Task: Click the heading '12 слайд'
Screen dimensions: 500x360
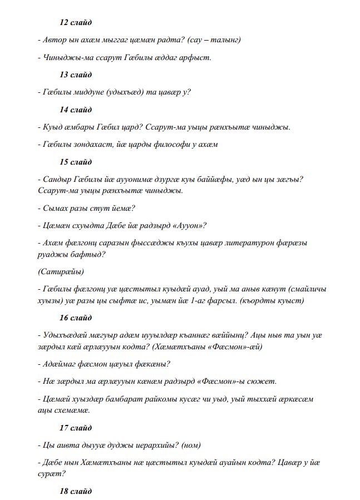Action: click(x=76, y=23)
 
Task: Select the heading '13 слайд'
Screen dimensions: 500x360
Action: click(x=76, y=75)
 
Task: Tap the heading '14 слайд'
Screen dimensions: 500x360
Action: click(x=76, y=110)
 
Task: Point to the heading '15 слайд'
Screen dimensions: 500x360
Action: click(x=76, y=162)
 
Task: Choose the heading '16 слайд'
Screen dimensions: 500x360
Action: click(x=76, y=318)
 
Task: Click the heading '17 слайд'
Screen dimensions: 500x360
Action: click(x=76, y=428)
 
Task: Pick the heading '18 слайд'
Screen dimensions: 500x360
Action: click(x=76, y=492)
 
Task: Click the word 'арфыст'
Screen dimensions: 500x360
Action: click(x=196, y=57)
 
